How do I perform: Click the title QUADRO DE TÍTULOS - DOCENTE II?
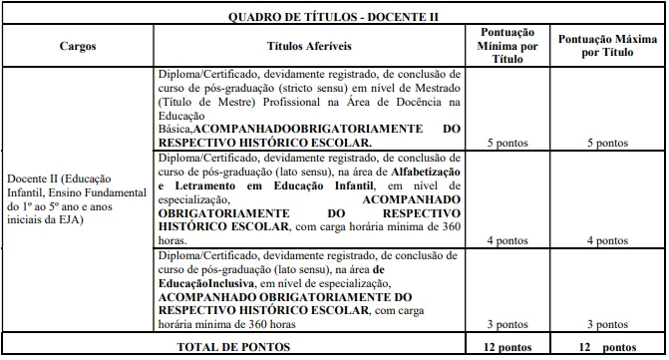[333, 15]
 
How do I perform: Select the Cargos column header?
[78, 46]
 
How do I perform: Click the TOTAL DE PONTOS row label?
[235, 346]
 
